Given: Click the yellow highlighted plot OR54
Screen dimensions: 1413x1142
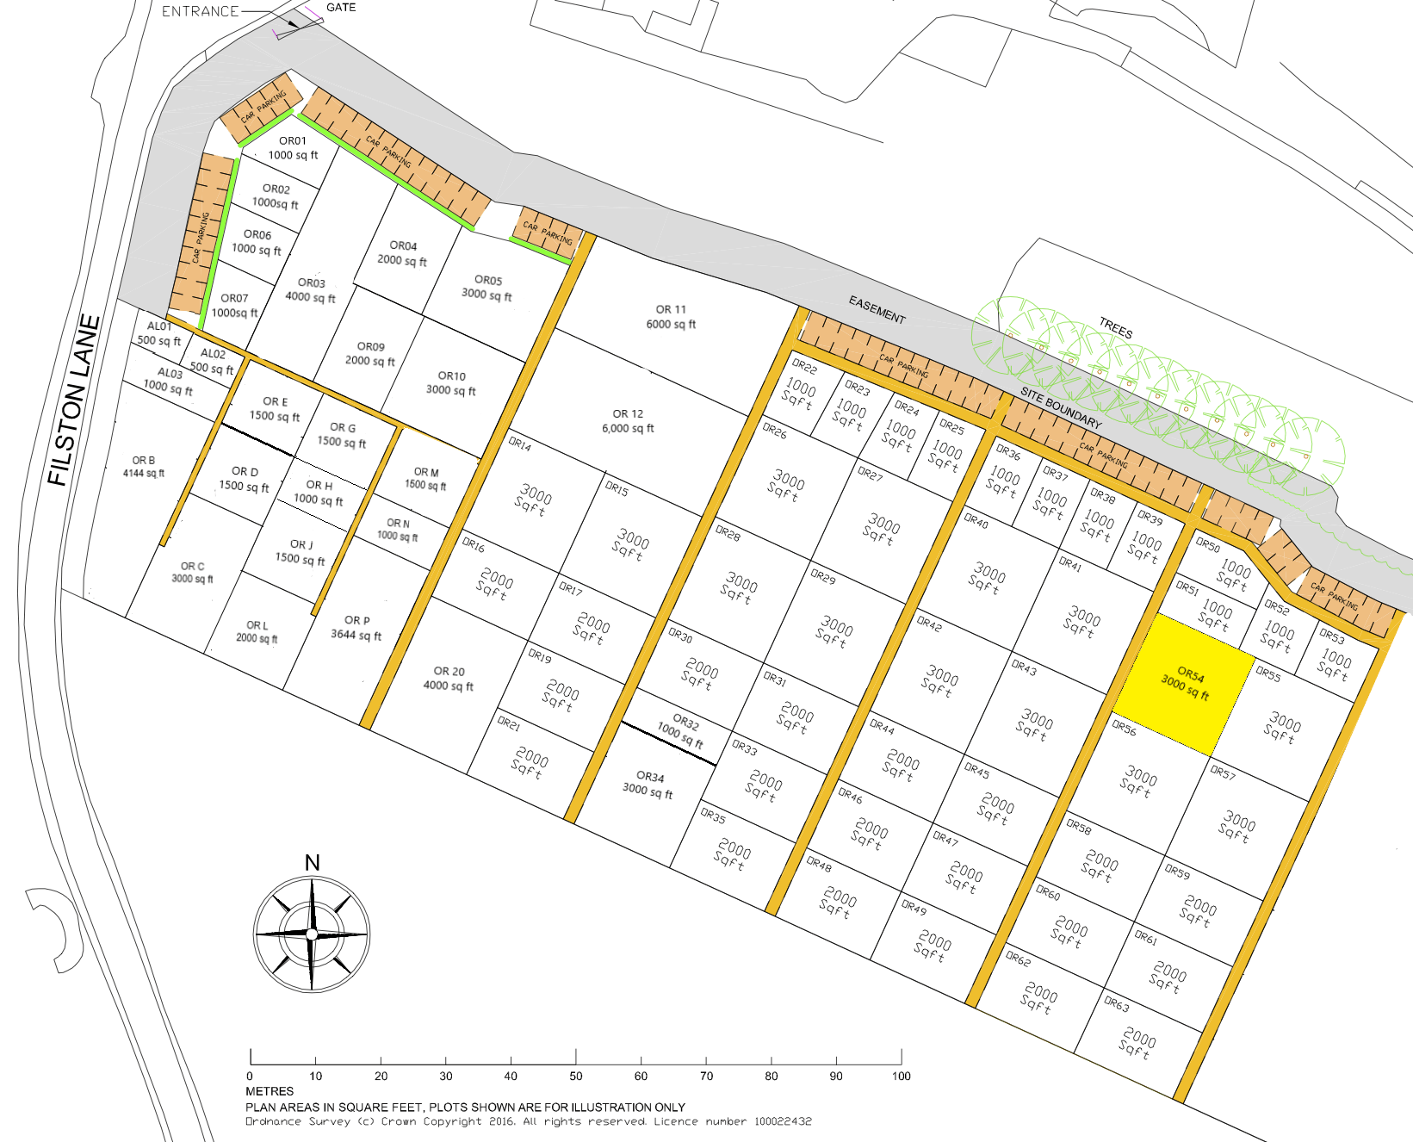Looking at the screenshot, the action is tap(1185, 685).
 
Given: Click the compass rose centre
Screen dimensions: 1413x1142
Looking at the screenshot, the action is tap(312, 934).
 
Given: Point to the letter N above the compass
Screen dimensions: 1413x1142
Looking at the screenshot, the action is tap(312, 862).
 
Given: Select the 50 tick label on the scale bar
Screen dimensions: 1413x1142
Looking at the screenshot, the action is tap(575, 1076).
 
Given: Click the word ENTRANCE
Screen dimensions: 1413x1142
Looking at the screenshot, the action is tap(200, 11).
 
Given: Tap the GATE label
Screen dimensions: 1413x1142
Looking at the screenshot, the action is tap(341, 8).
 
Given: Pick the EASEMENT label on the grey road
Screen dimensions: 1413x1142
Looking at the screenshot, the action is tap(877, 310).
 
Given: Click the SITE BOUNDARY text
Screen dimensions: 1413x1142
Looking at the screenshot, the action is tap(1061, 408).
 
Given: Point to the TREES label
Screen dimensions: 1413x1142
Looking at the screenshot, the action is tap(1116, 328).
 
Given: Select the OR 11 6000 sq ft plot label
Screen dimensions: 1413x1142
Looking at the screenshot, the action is tap(671, 317).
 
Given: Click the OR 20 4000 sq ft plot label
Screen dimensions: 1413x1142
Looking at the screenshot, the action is tap(449, 679).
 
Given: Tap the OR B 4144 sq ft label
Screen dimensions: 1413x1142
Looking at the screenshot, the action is tap(144, 467).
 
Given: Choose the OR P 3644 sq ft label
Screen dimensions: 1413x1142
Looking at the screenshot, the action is tap(356, 628).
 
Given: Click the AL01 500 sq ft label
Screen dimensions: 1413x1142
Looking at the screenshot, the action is tap(159, 333).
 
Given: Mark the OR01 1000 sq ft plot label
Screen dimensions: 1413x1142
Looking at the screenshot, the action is tap(293, 148).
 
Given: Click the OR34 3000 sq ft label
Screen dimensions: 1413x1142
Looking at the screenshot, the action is tap(648, 784).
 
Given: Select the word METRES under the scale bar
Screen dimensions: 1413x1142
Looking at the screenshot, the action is tap(270, 1091).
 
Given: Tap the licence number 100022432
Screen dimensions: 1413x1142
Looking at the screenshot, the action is tap(783, 1121).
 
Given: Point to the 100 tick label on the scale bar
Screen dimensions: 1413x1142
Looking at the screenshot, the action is tap(901, 1076).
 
